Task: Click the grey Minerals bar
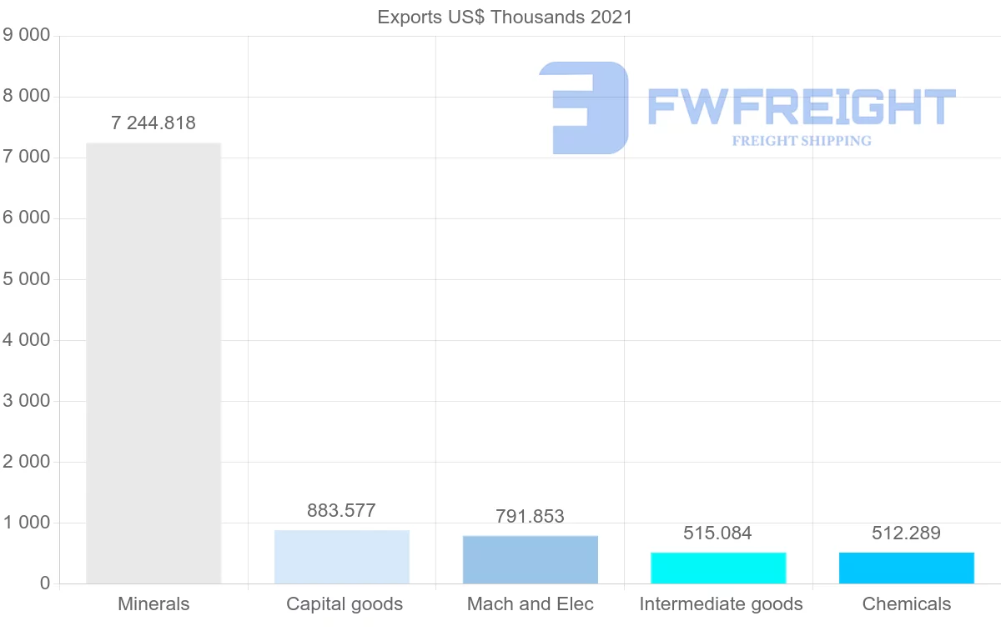click(x=153, y=363)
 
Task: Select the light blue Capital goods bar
click(x=342, y=557)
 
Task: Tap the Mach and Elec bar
click(x=531, y=559)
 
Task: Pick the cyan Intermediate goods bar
click(x=718, y=568)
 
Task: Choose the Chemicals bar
click(x=907, y=568)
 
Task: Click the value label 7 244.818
click(x=153, y=123)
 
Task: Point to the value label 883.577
click(x=342, y=511)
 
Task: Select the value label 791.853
click(x=531, y=517)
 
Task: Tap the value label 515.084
click(x=718, y=533)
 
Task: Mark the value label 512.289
click(x=907, y=533)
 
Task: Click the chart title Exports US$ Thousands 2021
click(x=505, y=18)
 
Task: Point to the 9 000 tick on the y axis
click(x=27, y=36)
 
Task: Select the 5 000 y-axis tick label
click(x=27, y=279)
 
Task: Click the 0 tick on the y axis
click(x=44, y=583)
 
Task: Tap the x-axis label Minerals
click(x=153, y=604)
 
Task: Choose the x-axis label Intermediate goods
click(x=721, y=604)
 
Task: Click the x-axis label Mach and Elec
click(x=531, y=604)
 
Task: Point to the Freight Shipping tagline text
click(x=802, y=141)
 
